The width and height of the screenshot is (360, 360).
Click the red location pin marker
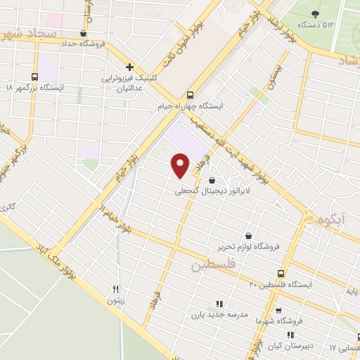[181, 165]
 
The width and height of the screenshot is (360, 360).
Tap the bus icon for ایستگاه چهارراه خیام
[190, 95]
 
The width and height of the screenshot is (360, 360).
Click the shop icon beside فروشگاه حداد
[84, 32]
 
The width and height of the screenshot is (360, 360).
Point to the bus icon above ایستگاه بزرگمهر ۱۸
[34, 77]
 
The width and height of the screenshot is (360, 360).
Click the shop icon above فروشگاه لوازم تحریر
[247, 236]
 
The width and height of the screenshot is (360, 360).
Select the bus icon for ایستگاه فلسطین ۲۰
[281, 274]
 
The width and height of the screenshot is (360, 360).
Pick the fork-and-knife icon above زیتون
[116, 288]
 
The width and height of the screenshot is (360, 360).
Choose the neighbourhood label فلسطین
[211, 265]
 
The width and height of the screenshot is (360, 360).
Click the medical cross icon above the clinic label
[129, 67]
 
